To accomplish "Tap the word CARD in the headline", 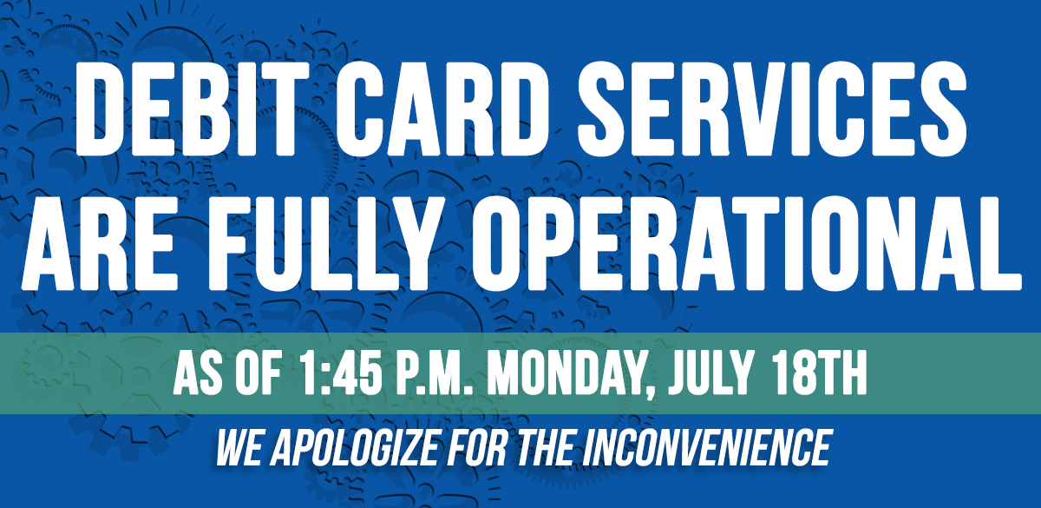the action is (x=442, y=109).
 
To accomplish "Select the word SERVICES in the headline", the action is (x=772, y=109).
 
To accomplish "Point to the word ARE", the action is (x=100, y=243).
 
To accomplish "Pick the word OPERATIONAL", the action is (x=747, y=243).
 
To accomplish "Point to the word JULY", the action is (x=710, y=373).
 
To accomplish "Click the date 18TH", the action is (x=819, y=373).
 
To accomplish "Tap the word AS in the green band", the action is (x=198, y=373).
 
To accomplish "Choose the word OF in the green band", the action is (x=259, y=373).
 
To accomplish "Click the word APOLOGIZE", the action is (x=355, y=447).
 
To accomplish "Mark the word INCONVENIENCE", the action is (x=707, y=447).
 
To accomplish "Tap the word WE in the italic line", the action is (x=239, y=447).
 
